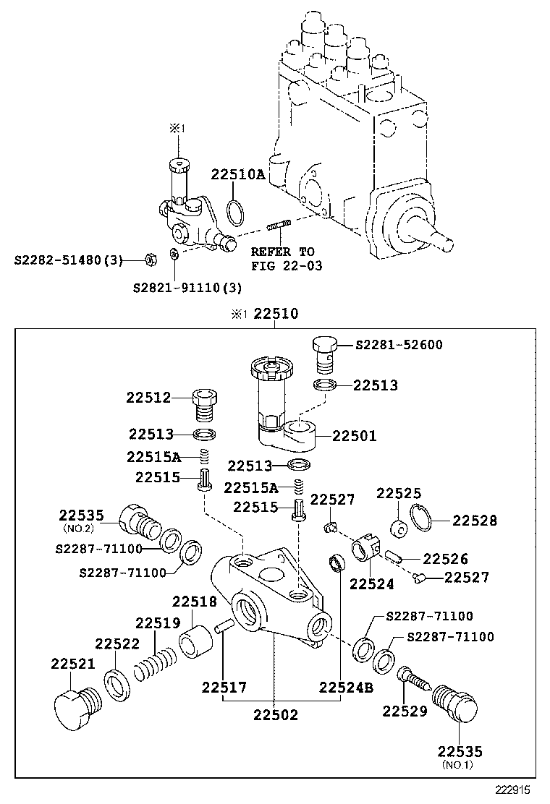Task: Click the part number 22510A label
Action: [238, 175]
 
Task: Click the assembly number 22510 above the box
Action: [276, 315]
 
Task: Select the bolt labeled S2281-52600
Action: [326, 354]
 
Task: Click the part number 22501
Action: [355, 437]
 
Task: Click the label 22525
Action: [398, 494]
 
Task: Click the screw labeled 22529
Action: [412, 677]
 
